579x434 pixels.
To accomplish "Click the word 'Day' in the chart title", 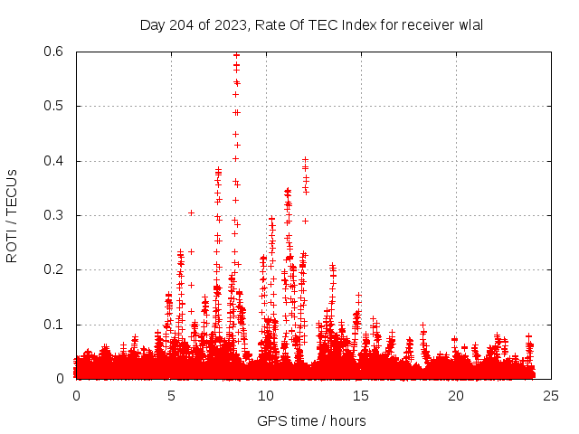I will [x=152, y=24].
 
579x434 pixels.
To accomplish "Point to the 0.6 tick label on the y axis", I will [x=56, y=52].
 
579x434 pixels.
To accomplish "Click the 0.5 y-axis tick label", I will [x=56, y=106].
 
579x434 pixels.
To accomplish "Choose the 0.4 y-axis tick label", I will [x=56, y=161].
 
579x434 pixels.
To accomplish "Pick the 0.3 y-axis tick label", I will [x=56, y=215].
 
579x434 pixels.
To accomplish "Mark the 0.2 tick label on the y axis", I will [x=56, y=270].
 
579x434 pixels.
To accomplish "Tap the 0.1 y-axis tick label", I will [x=56, y=325].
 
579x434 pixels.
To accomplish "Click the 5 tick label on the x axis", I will [x=171, y=396].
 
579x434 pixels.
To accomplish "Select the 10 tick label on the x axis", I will [x=266, y=396].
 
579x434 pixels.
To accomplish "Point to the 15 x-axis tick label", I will [x=361, y=396].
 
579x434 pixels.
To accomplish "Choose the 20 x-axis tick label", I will [x=456, y=396].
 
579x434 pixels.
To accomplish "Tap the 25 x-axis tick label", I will [x=551, y=396].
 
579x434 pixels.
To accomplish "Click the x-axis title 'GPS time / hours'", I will [x=311, y=420].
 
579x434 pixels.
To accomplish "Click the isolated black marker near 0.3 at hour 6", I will [x=191, y=212].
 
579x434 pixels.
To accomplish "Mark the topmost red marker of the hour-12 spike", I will [x=305, y=160].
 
